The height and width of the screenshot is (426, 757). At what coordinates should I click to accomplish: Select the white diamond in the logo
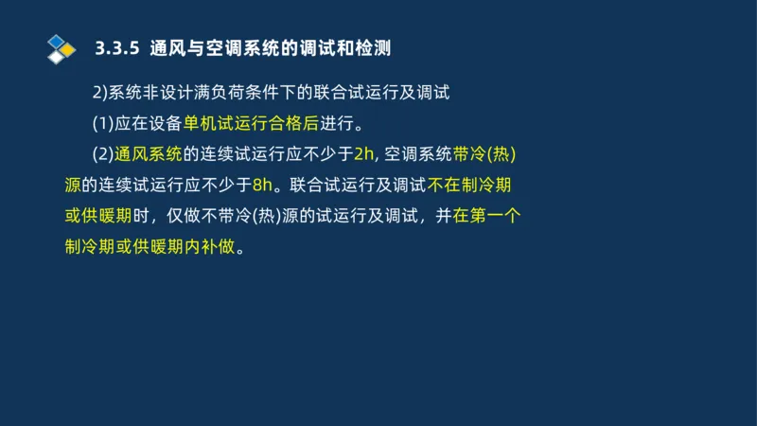(x=57, y=56)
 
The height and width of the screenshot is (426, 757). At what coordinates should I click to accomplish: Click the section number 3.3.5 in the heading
(x=118, y=47)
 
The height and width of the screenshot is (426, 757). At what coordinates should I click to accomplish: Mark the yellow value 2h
(x=364, y=154)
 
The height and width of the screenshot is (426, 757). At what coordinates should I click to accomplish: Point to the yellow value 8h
(x=262, y=185)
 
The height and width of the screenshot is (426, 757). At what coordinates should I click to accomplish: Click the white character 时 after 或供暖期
(x=143, y=216)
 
